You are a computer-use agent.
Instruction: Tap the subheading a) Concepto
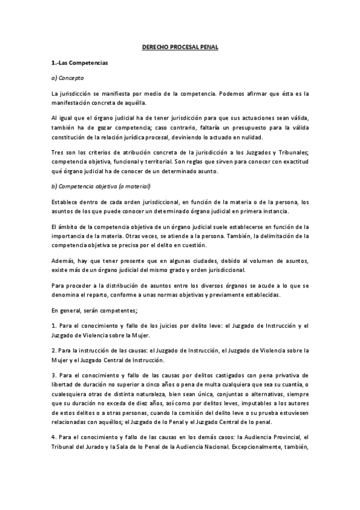68,78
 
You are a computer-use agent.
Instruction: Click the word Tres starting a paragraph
58,153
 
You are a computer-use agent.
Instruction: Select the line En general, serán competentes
95,310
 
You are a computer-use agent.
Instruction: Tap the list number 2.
54,350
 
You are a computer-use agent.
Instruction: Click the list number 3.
54,375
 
